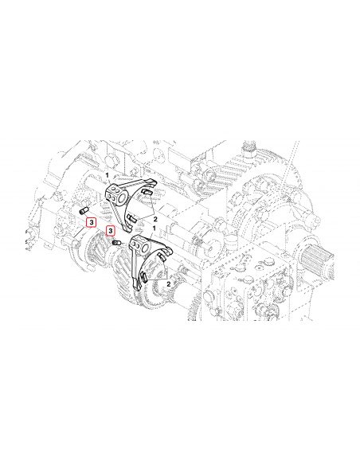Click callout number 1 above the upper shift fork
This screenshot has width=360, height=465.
click(x=108, y=173)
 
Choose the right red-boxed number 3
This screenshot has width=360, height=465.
click(x=111, y=230)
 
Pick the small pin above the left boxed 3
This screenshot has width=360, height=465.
click(x=84, y=209)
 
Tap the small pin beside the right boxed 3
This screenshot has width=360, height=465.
click(x=116, y=241)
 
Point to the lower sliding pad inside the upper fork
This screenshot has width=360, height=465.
click(x=132, y=217)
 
